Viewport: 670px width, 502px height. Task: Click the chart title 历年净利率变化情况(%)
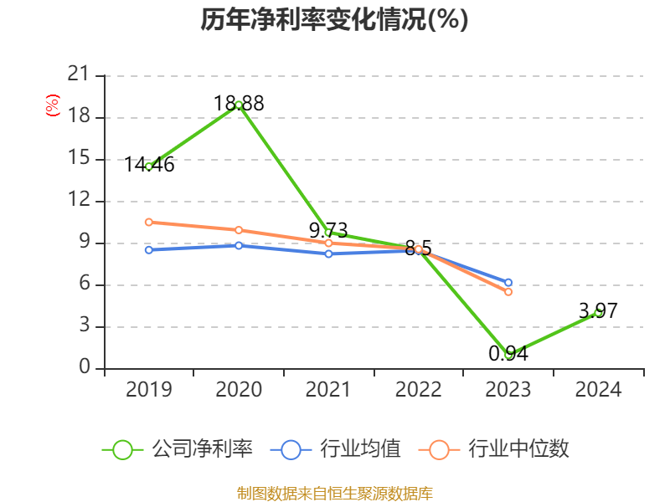click(334, 20)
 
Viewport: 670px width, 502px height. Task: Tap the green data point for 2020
click(239, 105)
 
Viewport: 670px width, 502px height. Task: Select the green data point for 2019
click(148, 166)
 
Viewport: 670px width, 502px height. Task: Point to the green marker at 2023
click(508, 355)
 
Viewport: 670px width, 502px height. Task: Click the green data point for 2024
click(598, 312)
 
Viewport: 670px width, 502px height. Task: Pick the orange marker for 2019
click(148, 222)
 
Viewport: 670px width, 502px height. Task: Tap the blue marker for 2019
click(148, 249)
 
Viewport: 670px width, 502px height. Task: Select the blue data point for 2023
click(508, 283)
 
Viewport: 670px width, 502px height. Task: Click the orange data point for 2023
click(508, 292)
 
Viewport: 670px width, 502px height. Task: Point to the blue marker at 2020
click(239, 245)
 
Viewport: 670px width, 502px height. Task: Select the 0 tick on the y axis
click(85, 368)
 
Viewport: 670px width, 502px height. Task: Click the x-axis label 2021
click(328, 390)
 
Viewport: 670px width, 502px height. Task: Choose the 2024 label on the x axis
click(598, 390)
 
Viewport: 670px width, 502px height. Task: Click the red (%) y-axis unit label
click(53, 106)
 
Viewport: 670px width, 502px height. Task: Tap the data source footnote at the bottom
click(334, 493)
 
